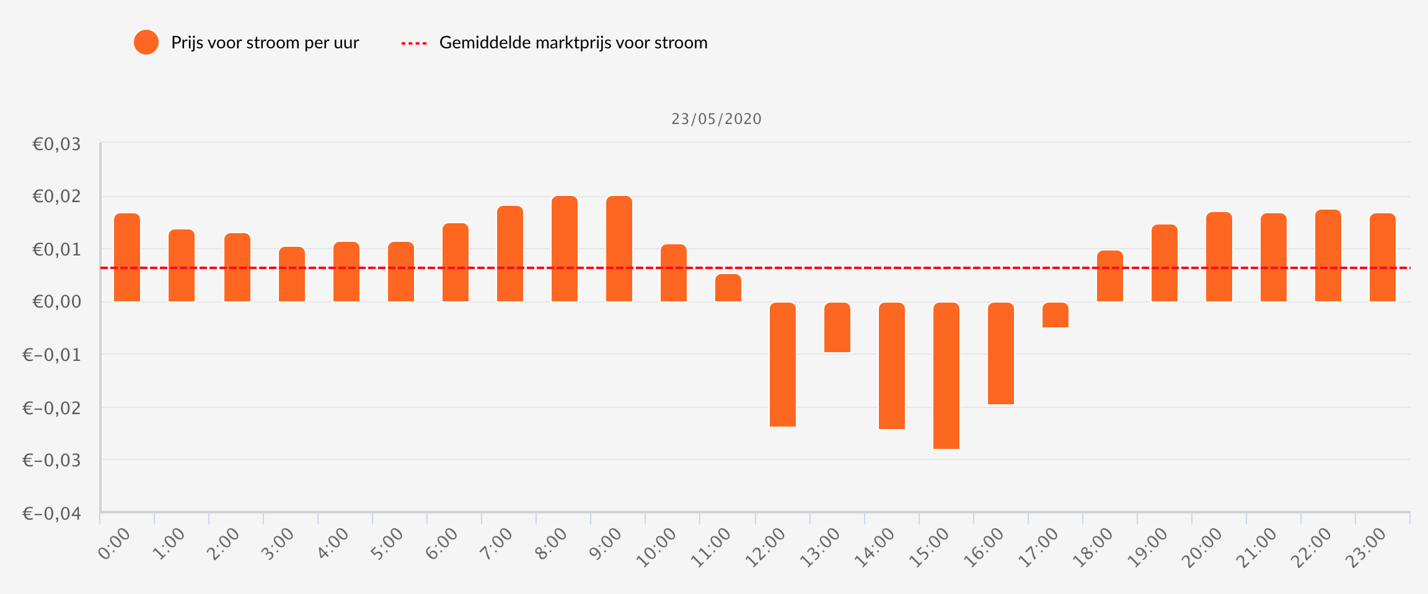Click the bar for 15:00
[x=946, y=375]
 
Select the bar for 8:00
[x=565, y=249]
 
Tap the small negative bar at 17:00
[x=1056, y=315]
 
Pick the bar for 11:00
[x=728, y=288]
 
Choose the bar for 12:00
[x=783, y=365]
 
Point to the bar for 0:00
[x=127, y=257]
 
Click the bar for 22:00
[x=1328, y=255]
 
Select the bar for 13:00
[x=837, y=327]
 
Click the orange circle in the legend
[x=146, y=42]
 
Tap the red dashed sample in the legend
[x=414, y=43]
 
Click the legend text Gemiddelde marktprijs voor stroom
[x=573, y=43]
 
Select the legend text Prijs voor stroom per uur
[x=265, y=43]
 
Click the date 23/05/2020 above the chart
[x=716, y=119]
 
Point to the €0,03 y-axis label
[x=56, y=144]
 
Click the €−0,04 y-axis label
[x=52, y=514]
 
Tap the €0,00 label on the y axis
[x=56, y=302]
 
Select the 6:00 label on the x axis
[x=441, y=544]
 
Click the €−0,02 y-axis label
[x=52, y=408]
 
